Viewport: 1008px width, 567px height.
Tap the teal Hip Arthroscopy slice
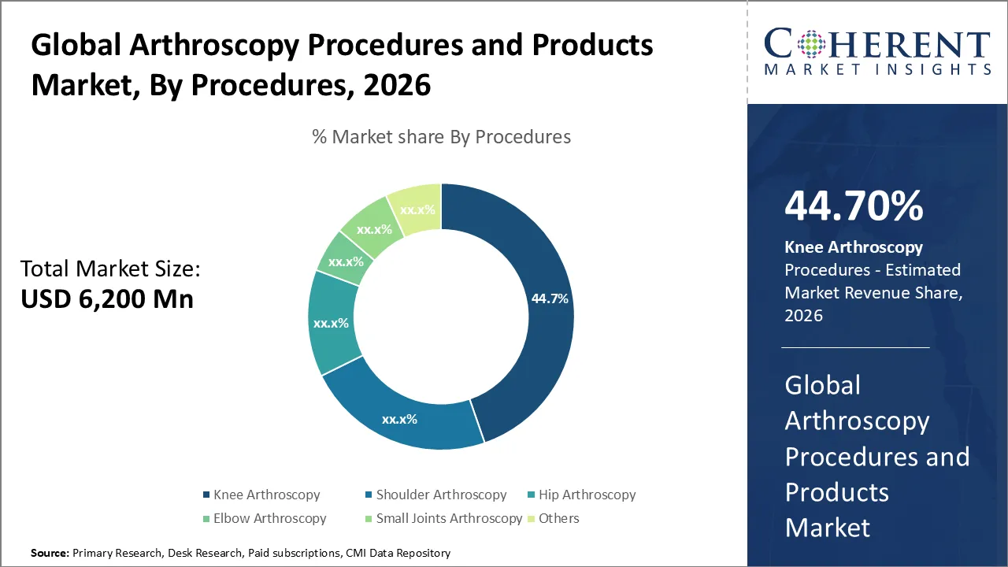331,323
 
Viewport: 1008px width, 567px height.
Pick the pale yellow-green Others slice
414,209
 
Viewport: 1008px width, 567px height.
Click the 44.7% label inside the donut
550,299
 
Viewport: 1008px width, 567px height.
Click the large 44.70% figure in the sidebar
854,206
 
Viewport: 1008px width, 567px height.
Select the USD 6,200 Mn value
106,299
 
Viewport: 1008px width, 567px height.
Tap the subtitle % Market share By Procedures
441,137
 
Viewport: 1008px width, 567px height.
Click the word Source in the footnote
50,554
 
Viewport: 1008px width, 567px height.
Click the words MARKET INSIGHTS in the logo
877,69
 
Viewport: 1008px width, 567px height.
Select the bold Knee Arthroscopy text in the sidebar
854,247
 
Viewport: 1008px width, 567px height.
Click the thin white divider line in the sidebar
855,347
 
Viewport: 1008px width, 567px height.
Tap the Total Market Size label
110,269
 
